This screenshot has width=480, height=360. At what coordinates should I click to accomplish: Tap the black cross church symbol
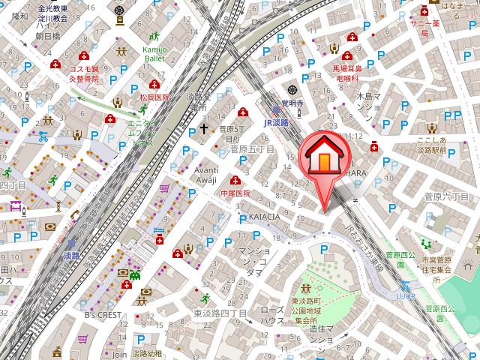point(202,129)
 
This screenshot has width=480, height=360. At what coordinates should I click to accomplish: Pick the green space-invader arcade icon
point(134,274)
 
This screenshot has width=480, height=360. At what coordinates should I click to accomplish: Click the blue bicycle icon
point(43,137)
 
